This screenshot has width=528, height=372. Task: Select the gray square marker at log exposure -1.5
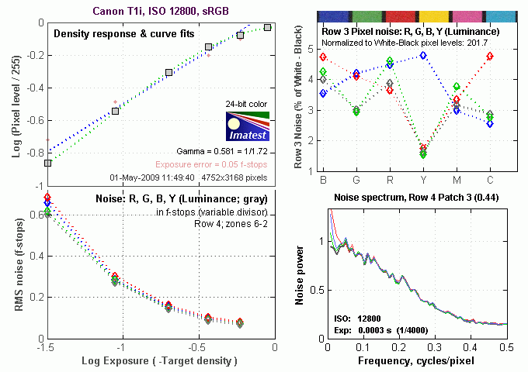coord(47,164)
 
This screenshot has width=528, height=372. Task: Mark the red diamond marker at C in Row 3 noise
coord(490,56)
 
